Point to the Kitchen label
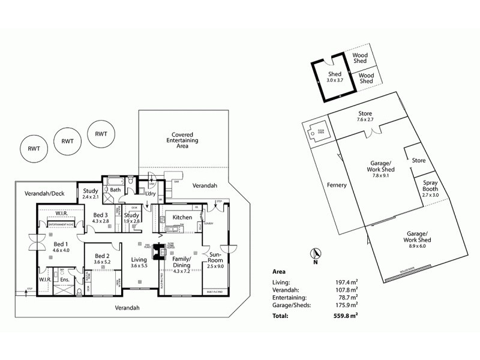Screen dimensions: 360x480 182,217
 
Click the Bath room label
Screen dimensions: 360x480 115,190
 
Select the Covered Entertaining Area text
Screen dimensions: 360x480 182,140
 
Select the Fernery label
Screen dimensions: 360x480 337,185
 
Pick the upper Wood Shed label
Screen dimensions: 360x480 360,58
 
